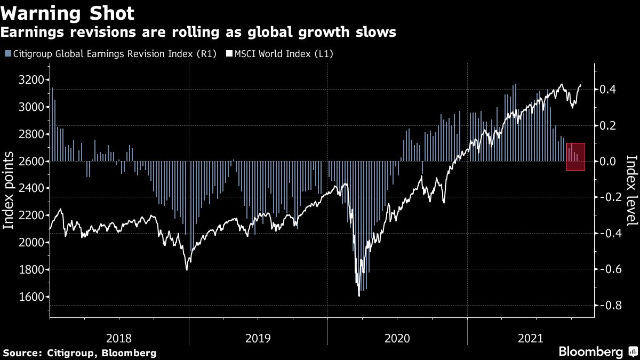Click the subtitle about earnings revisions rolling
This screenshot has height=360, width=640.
[x=198, y=33]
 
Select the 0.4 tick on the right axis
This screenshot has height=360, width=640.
[x=608, y=89]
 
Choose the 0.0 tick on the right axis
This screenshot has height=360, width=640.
[x=608, y=161]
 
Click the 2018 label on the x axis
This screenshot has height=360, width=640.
[x=119, y=338]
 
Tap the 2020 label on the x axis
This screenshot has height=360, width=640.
[x=397, y=338]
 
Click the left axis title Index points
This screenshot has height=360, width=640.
[x=9, y=190]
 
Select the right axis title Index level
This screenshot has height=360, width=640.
[x=631, y=190]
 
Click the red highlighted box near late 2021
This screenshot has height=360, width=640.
[x=575, y=157]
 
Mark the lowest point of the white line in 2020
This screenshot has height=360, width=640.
[x=359, y=295]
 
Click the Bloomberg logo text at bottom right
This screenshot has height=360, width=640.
[x=590, y=352]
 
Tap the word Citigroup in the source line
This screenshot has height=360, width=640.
[x=68, y=353]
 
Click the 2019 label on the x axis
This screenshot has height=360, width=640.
[x=258, y=338]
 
